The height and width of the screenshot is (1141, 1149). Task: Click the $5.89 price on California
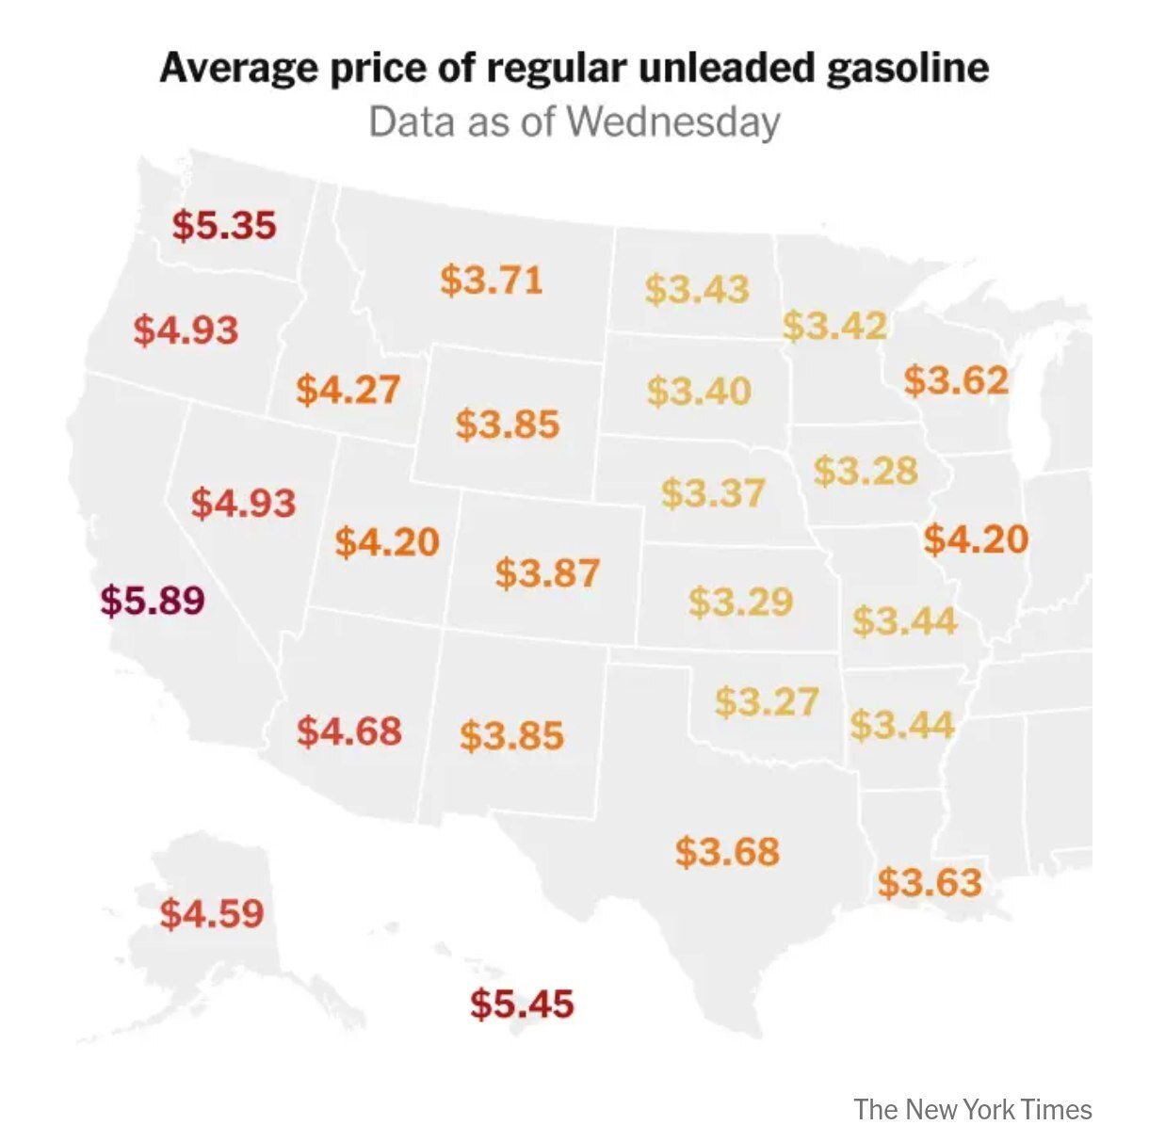tap(153, 600)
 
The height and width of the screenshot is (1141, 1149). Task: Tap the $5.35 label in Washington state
tap(224, 226)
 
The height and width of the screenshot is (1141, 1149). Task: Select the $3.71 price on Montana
tap(492, 280)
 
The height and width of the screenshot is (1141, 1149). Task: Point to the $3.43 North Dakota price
tap(697, 289)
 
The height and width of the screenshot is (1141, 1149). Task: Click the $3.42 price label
tap(834, 326)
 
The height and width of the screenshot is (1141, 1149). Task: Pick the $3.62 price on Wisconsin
tap(956, 380)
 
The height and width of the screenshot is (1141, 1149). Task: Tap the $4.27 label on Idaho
tap(348, 389)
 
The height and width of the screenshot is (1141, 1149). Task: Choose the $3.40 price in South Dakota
tap(699, 391)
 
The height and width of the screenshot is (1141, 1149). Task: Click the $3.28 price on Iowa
tap(866, 470)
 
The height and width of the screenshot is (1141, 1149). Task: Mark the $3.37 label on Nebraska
tap(713, 492)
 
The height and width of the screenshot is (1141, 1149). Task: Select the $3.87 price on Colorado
tap(547, 572)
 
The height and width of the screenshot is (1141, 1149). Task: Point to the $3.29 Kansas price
tap(740, 602)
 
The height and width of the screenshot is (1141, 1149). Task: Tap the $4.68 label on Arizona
tap(349, 731)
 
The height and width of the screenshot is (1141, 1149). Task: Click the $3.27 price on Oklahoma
tap(767, 701)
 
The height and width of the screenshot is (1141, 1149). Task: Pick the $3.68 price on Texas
tap(728, 852)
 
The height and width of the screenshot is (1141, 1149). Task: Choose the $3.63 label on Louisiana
tap(930, 883)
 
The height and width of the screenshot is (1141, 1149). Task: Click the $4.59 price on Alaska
tap(212, 913)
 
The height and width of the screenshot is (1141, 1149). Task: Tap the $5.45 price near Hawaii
tap(522, 1004)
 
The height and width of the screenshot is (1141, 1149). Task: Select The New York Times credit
tap(973, 1109)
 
